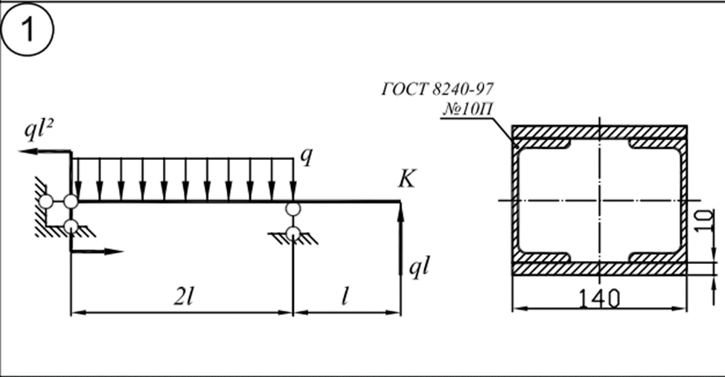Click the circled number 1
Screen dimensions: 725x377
click(x=28, y=29)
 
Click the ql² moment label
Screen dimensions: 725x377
click(x=39, y=130)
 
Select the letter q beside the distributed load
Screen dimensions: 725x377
click(x=306, y=157)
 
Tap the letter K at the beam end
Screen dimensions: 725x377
click(x=407, y=178)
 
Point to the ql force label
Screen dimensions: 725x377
click(x=419, y=268)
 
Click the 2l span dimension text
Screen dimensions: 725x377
click(x=183, y=297)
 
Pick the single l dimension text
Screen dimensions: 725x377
click(x=345, y=297)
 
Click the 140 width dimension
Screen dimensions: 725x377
click(x=599, y=298)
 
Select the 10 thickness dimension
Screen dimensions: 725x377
click(x=705, y=222)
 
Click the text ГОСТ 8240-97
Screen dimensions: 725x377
click(x=438, y=88)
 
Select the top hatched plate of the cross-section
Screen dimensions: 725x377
click(x=599, y=132)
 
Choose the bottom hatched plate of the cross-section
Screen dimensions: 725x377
click(x=599, y=268)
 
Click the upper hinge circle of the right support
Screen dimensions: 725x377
click(x=293, y=209)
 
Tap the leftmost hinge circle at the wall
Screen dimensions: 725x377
click(x=45, y=202)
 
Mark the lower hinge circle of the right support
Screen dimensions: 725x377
click(x=293, y=233)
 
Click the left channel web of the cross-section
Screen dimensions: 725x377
click(x=515, y=200)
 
